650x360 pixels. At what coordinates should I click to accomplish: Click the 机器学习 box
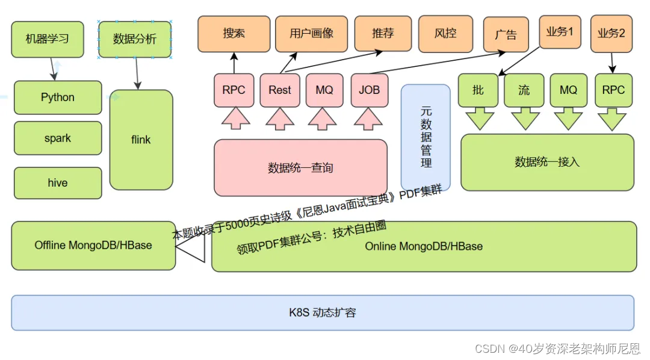point(48,39)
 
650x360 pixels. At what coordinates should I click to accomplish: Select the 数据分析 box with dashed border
point(135,39)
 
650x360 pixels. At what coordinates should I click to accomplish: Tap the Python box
point(58,98)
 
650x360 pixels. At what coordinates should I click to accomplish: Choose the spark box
point(58,138)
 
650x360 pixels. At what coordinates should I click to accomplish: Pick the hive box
point(58,183)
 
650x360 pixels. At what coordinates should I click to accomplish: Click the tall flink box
point(141,140)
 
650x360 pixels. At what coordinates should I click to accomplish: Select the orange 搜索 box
point(234,34)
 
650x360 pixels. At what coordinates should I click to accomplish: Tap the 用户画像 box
point(311,34)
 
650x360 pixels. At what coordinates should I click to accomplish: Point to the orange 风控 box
point(445,34)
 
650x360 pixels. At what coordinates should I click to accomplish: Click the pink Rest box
point(280,90)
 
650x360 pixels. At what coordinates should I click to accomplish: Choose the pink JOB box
point(370,90)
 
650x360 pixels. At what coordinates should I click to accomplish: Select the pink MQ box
point(324,90)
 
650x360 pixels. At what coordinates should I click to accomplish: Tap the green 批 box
point(478,90)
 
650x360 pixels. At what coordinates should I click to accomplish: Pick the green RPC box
point(613,90)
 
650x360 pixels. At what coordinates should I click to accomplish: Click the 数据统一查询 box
point(300,168)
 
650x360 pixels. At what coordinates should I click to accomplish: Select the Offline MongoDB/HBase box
point(93,246)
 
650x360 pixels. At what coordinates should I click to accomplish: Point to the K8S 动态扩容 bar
point(323,313)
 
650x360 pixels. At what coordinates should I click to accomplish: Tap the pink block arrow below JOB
point(369,119)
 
